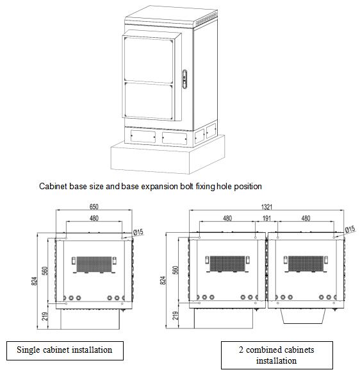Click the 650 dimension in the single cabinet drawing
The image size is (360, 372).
(94, 207)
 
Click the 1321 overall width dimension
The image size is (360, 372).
(266, 207)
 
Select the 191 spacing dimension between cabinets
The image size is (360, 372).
(266, 218)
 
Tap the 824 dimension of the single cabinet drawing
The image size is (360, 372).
(35, 281)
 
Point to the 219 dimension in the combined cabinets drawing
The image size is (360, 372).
(176, 316)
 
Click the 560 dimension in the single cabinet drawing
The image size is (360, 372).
(45, 271)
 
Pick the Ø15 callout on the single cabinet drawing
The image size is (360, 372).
(138, 232)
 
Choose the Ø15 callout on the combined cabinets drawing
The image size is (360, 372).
(350, 229)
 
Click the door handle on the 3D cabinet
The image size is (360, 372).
(184, 79)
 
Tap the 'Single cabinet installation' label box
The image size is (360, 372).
(65, 351)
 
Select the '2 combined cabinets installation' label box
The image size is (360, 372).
(277, 355)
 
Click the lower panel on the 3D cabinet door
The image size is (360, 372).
(149, 100)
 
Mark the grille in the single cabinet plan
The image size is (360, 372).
(94, 264)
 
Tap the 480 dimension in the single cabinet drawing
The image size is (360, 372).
(94, 218)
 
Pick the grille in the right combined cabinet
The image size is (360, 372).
(306, 264)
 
